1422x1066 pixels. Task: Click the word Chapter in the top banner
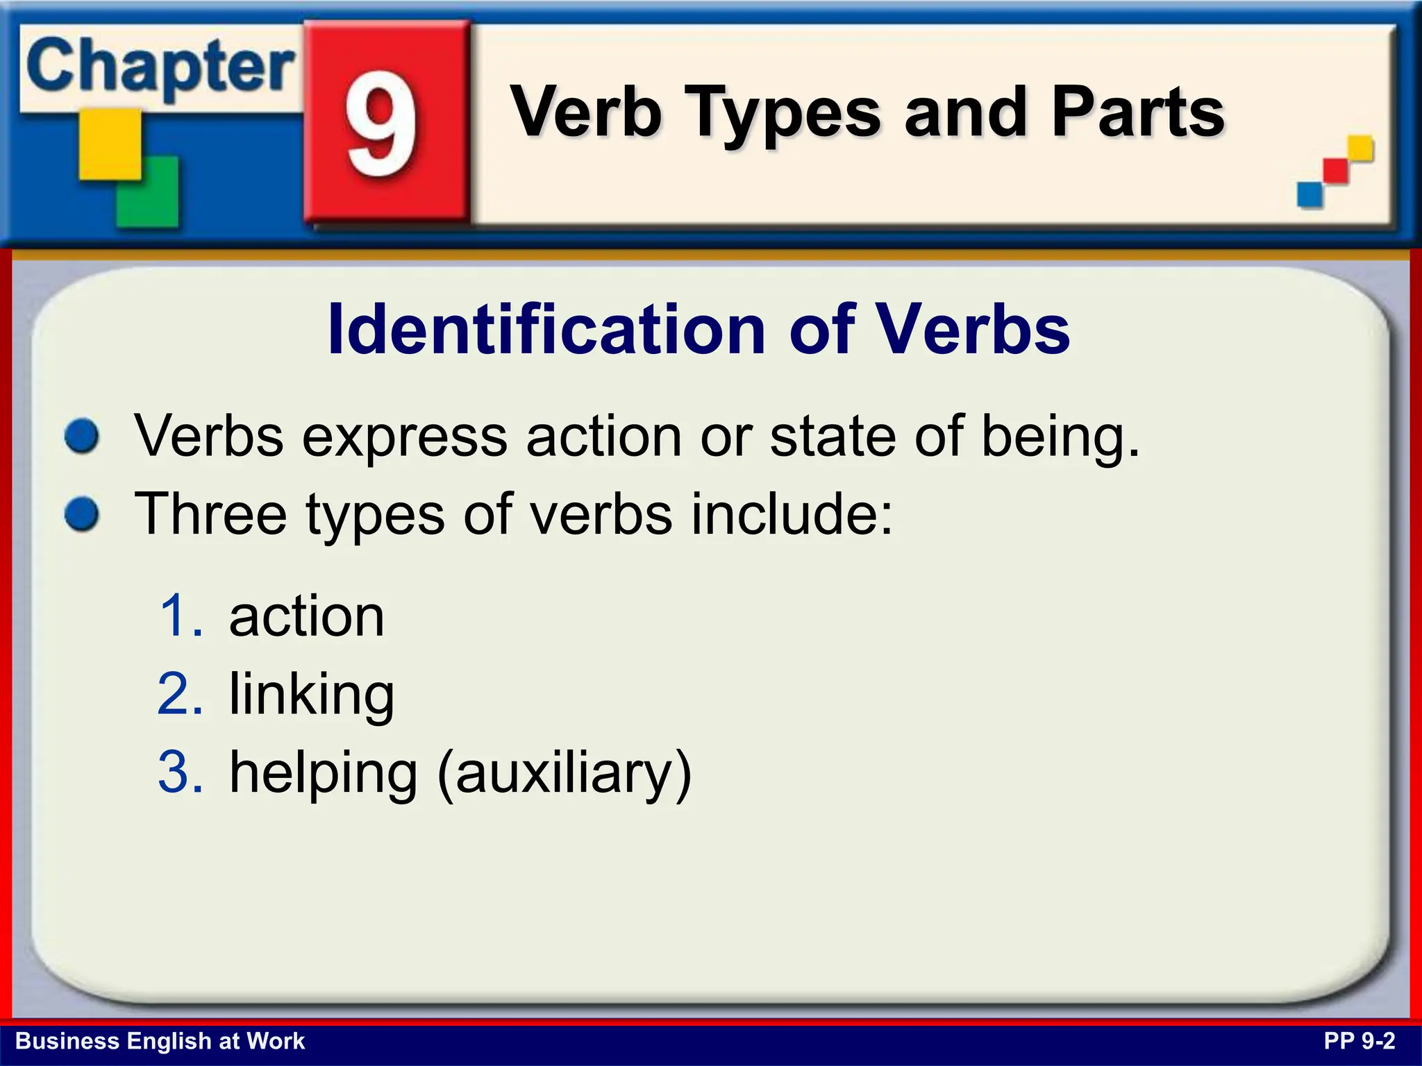tap(160, 68)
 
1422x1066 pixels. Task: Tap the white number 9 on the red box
tap(381, 124)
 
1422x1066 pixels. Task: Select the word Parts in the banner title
tap(1138, 112)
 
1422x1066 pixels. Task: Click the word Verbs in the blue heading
tap(971, 330)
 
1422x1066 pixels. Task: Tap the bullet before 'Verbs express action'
tap(82, 437)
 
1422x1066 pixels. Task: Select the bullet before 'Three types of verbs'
tap(82, 515)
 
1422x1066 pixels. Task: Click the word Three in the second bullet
tap(210, 515)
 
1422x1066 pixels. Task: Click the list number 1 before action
tap(180, 616)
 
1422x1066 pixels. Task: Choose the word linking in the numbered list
tap(312, 695)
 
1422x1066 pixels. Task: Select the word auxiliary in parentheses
tap(564, 773)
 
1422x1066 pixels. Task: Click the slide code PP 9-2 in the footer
tap(1359, 1041)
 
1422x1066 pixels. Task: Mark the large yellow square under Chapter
tap(109, 144)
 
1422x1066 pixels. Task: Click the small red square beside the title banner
tap(1335, 171)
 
